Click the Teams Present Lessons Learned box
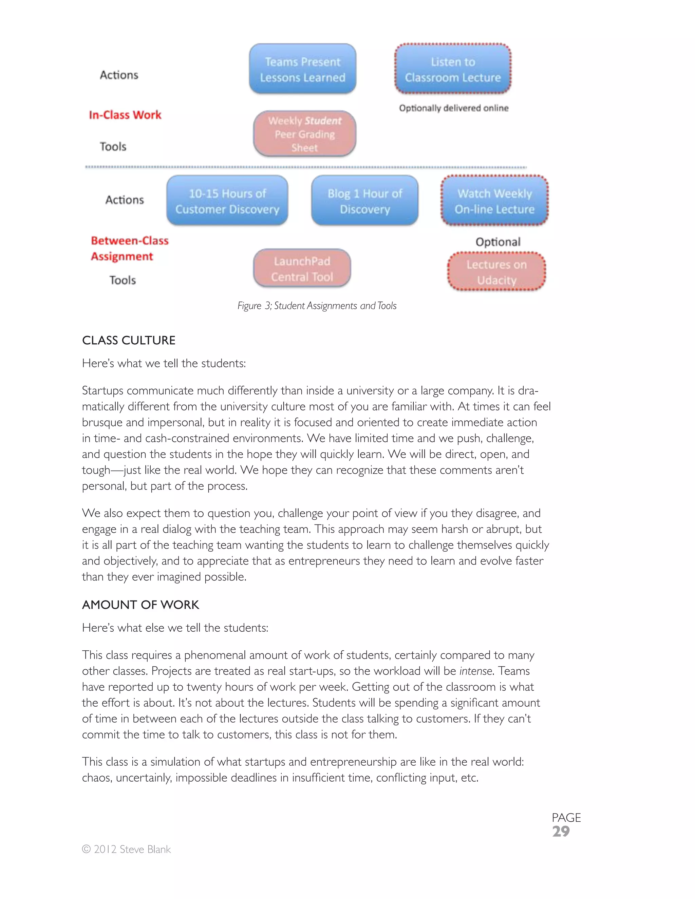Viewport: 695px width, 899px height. point(303,69)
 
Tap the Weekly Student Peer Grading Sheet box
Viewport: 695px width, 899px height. point(305,134)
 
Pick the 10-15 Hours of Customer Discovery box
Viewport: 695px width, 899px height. point(227,201)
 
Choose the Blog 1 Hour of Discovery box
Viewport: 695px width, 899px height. point(365,201)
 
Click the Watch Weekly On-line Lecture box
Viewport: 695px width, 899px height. point(494,201)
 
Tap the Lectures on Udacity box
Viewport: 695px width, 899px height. point(496,272)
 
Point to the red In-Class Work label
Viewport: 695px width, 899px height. point(125,115)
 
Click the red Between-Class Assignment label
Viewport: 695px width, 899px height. point(129,248)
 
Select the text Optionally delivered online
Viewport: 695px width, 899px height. point(453,108)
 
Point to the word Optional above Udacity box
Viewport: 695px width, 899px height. point(498,242)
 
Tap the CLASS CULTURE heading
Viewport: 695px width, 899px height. point(129,340)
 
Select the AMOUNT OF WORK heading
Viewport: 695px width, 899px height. point(140,605)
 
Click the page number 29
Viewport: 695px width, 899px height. point(561,831)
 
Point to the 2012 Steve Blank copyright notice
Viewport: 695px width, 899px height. point(126,849)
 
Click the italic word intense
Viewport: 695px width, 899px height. point(475,671)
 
